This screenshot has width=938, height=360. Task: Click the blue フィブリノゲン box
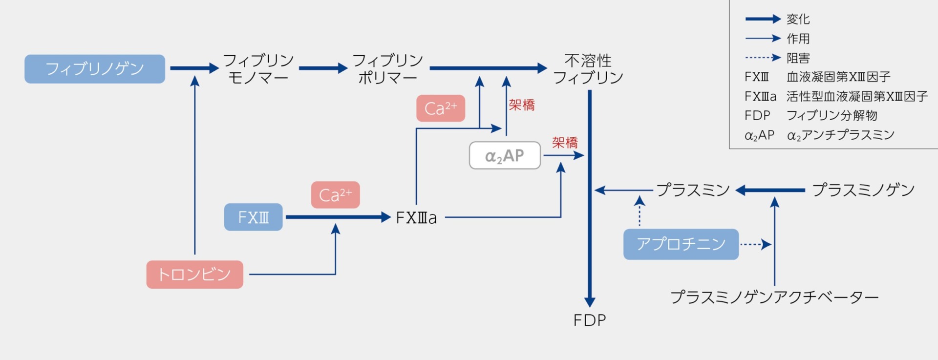click(95, 69)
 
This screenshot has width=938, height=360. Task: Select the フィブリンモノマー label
click(258, 69)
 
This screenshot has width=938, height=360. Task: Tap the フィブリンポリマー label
click(387, 69)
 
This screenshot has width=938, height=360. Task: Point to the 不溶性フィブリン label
click(588, 69)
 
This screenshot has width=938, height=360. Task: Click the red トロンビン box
click(194, 275)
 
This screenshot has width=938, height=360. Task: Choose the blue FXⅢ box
click(253, 217)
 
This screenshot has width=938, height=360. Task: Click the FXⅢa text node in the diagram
click(416, 217)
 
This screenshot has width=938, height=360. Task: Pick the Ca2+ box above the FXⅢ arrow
click(335, 195)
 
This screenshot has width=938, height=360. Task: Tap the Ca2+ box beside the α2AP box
click(441, 108)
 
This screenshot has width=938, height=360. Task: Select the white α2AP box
click(505, 155)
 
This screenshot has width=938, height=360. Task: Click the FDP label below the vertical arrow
click(590, 320)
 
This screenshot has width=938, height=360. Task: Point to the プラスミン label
click(693, 190)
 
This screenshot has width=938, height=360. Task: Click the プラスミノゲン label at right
click(863, 190)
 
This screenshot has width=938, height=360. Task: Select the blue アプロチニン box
click(681, 244)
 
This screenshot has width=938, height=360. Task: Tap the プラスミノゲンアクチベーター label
click(774, 297)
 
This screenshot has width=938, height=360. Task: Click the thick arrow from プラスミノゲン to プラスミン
click(770, 190)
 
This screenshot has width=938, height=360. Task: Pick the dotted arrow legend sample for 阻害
click(763, 58)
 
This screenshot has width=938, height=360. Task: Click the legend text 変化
click(798, 19)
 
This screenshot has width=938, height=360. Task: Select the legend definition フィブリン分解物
click(832, 115)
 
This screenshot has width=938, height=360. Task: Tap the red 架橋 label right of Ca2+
click(522, 105)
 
